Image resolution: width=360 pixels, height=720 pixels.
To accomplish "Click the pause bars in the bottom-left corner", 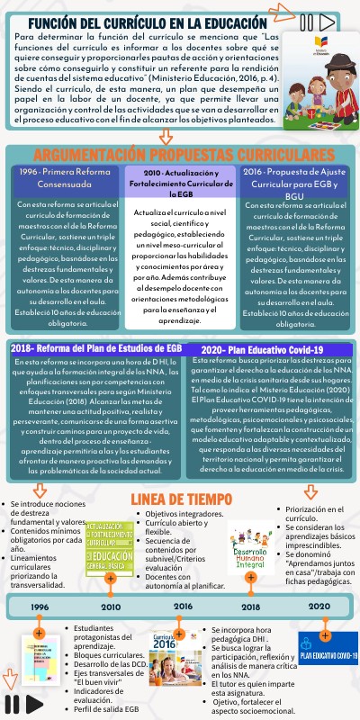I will pos(12,703).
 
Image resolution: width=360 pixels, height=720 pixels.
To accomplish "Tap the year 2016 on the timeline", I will pos(184,607).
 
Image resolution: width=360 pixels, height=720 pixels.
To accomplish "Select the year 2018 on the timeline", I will pos(250,607).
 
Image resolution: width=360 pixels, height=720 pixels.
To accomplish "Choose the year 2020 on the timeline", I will pos(319,606).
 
